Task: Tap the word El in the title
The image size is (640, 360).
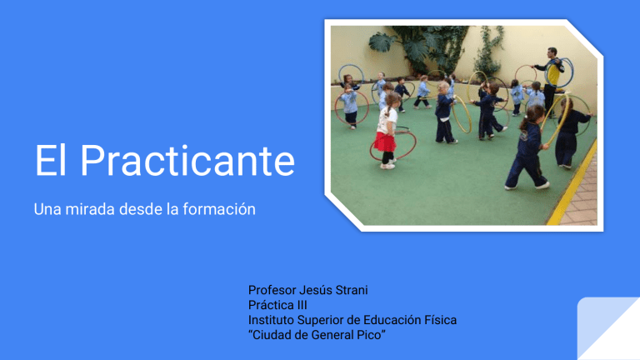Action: tap(52, 162)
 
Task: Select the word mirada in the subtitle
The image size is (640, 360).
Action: tap(114, 210)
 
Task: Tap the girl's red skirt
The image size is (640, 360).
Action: tap(384, 142)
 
